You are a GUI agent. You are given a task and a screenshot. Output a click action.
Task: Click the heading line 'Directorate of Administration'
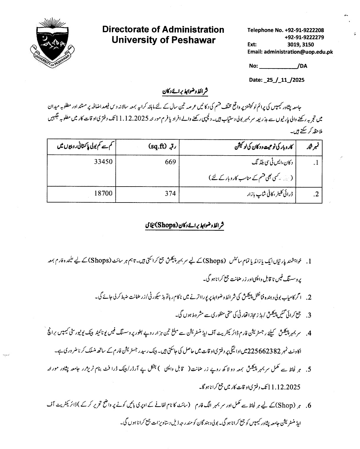[163, 30]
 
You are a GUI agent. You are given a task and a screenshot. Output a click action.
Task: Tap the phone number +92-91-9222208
[304, 30]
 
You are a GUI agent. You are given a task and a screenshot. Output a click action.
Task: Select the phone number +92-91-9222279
[304, 37]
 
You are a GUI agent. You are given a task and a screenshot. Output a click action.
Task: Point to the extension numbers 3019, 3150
[301, 45]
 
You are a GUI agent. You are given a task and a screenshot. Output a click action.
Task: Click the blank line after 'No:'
[278, 66]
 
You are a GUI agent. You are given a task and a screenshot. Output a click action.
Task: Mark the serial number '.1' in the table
[316, 163]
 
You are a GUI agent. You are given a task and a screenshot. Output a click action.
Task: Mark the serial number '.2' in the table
[316, 194]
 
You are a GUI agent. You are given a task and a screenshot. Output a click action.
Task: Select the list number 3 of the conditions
[309, 315]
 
